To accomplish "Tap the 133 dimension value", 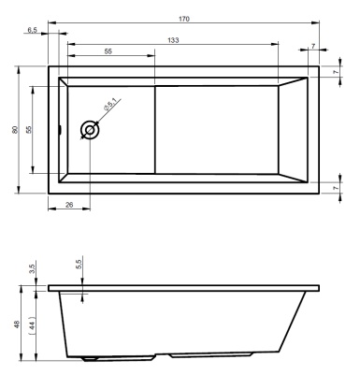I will click(x=173, y=39).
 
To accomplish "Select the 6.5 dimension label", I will click(x=33, y=31).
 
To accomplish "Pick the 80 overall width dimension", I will click(x=14, y=129).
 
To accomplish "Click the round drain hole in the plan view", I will click(x=91, y=130).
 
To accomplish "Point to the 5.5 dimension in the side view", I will click(x=79, y=266).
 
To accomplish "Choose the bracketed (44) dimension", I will click(x=32, y=326).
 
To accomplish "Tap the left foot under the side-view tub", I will click(x=94, y=357).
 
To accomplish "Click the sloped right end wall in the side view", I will click(x=292, y=323).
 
